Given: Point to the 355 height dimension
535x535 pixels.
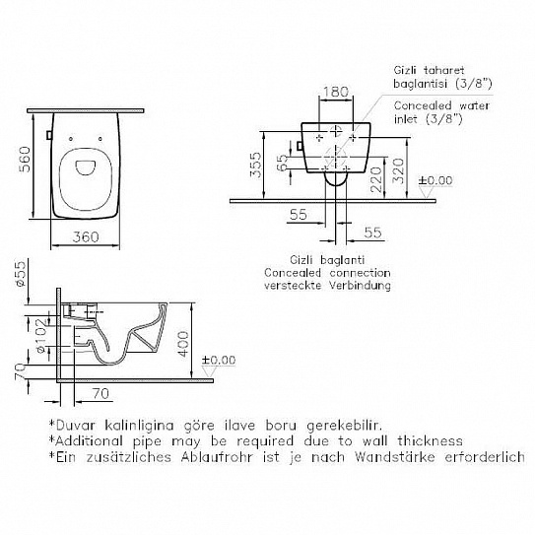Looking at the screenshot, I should (x=253, y=164).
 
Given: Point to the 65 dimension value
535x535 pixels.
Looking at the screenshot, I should (x=282, y=161).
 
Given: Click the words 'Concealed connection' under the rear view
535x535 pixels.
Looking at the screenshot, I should (x=327, y=273).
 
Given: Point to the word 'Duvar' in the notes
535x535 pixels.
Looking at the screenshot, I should (x=76, y=423).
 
